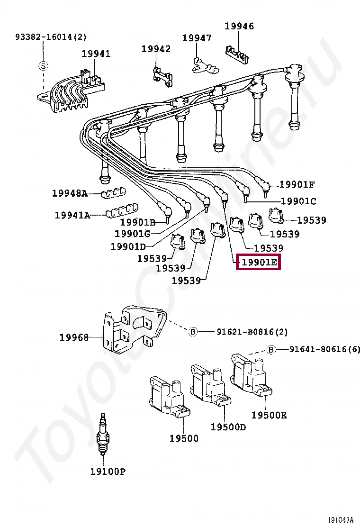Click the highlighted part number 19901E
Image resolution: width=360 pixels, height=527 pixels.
coord(259,262)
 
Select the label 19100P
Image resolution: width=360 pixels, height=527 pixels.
coord(108,471)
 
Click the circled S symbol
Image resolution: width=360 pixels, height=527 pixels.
coord(43,66)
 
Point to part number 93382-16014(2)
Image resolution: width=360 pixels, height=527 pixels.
coord(51,36)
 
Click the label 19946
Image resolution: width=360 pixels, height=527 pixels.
coord(239,26)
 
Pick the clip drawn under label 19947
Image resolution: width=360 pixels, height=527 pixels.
coord(205,65)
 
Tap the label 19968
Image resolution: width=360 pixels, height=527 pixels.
coord(74,337)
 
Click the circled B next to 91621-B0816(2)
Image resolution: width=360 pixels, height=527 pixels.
coord(193,332)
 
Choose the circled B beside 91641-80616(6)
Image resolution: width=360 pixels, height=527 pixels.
coord(271,350)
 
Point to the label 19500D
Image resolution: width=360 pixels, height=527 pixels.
coord(228,427)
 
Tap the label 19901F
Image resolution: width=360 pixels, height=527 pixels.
coord(297,184)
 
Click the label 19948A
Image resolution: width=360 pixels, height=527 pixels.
coord(70,193)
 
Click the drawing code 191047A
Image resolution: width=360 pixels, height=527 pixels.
coord(341,520)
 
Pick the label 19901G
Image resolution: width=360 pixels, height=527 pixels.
coord(132,233)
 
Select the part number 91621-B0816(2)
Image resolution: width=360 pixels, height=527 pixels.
coord(252,332)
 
